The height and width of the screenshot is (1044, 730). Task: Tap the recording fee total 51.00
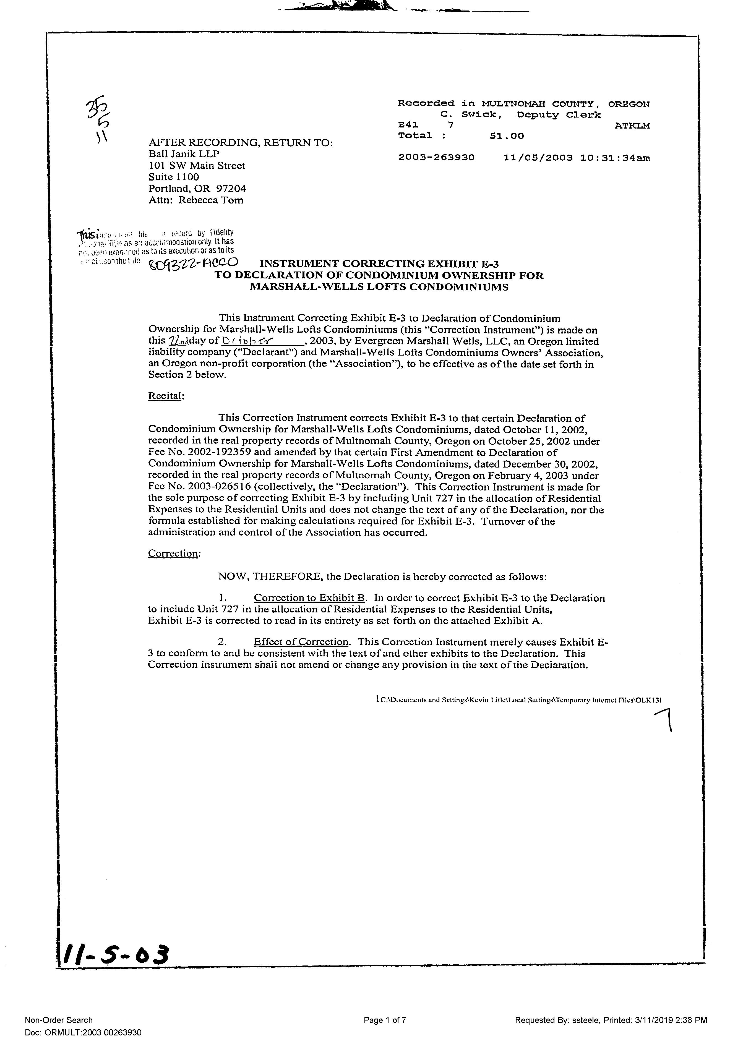(507, 135)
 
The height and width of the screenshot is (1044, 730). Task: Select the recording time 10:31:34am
(615, 158)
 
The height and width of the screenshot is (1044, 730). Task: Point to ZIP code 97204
(231, 188)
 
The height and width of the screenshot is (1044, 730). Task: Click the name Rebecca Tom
(211, 200)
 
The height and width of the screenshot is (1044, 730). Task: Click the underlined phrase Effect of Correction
(301, 642)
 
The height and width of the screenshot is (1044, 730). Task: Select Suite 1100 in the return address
(174, 177)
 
